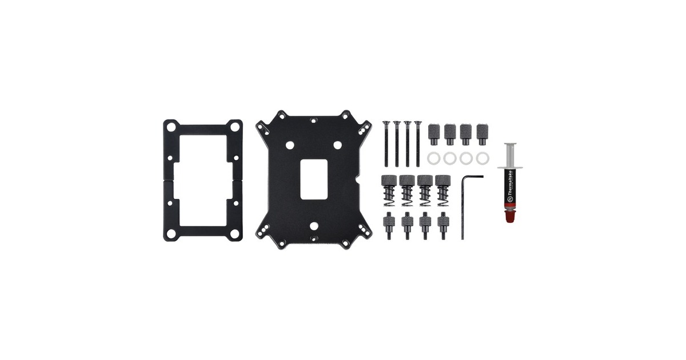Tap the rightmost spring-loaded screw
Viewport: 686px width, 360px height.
point(442,191)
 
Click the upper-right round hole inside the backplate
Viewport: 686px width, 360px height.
point(337,146)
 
